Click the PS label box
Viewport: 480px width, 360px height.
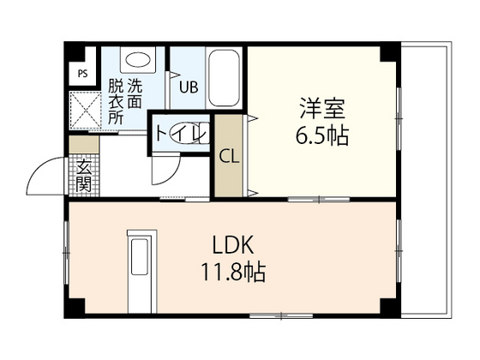[x=83, y=73]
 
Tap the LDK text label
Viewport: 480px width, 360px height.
[x=227, y=243]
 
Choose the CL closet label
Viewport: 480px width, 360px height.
[x=229, y=157]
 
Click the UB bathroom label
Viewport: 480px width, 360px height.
[x=188, y=87]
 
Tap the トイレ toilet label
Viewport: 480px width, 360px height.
[x=178, y=135]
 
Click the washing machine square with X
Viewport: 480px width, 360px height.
[x=84, y=110]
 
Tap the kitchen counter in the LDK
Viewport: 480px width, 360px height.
[x=139, y=269]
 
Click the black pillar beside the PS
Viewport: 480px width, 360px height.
[x=75, y=50]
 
